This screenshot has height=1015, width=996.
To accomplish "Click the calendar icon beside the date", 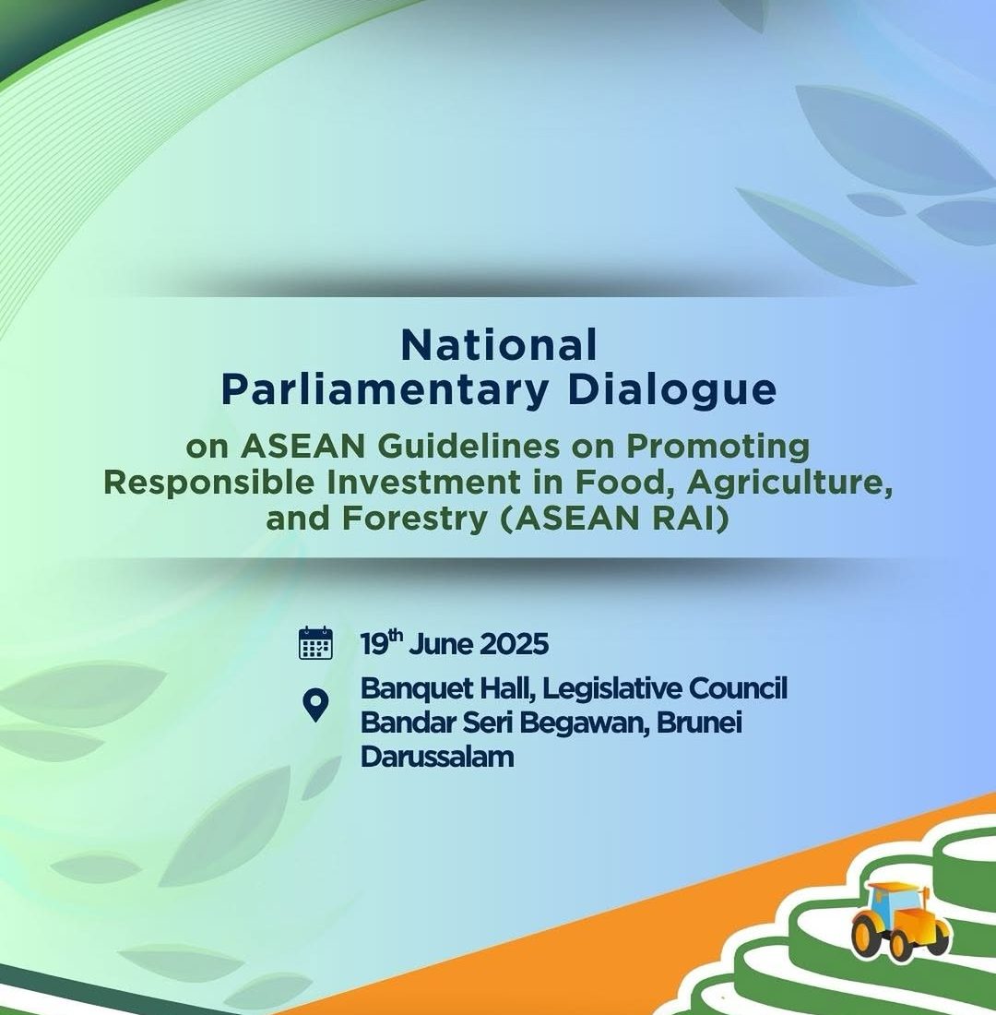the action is (315, 643).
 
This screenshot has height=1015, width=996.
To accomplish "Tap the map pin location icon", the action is (315, 706).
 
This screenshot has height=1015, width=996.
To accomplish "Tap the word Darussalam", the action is (437, 757).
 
